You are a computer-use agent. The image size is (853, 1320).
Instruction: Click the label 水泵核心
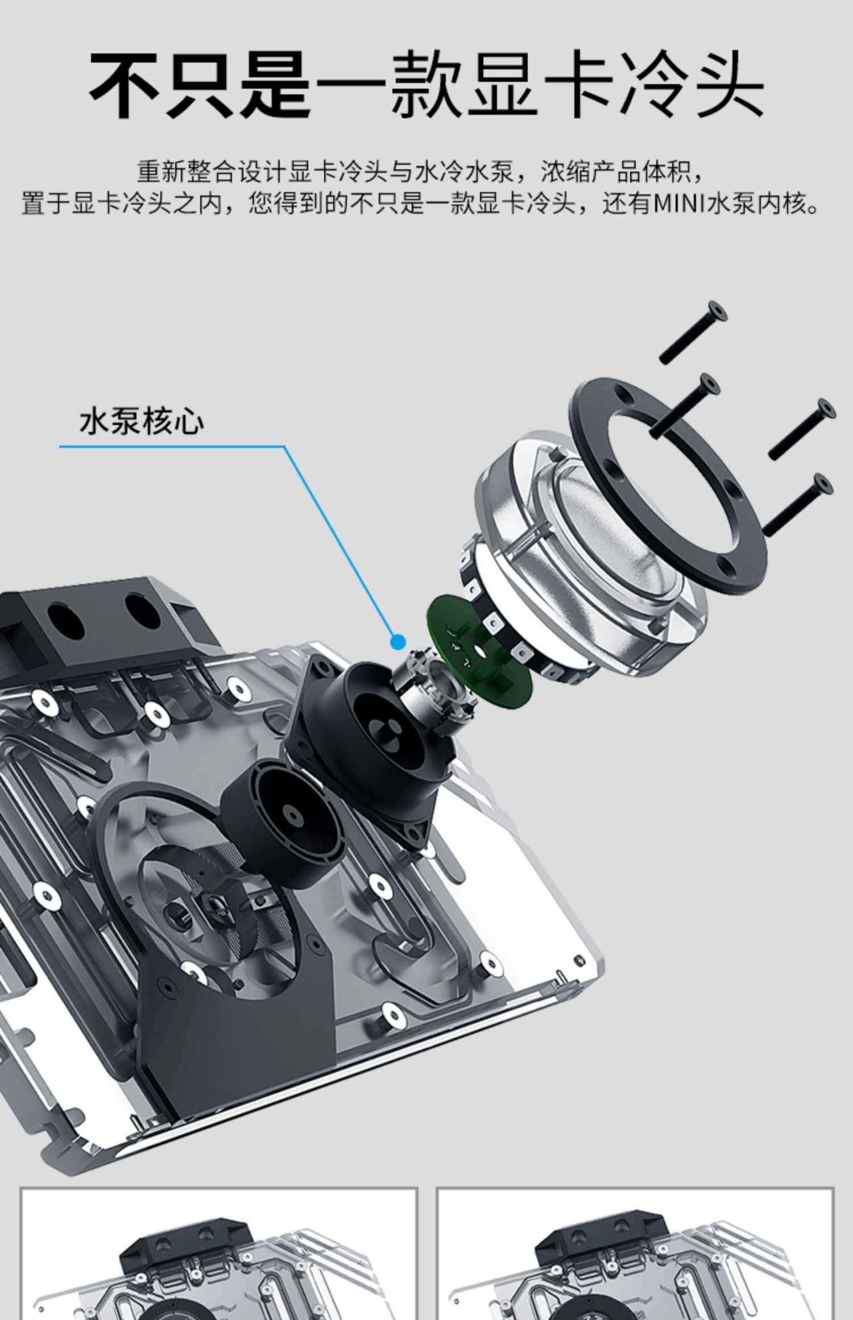(x=142, y=421)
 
